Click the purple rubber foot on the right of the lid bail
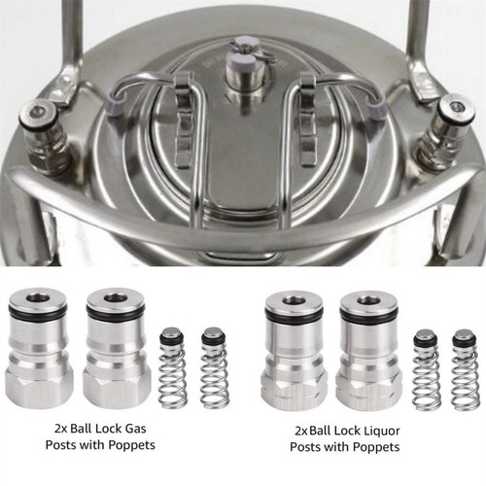pos(378,106)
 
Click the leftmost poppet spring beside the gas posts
pos(173,367)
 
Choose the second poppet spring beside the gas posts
pos(214,367)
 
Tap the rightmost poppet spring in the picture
pos(466,370)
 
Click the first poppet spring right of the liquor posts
pos(427,370)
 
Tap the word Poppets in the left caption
pos(131,445)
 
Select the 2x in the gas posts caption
pos(61,429)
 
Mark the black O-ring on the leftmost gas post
pos(39,312)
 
